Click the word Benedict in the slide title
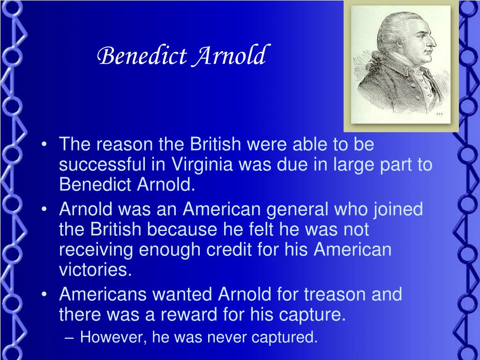point(142,56)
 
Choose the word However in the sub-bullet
point(109,337)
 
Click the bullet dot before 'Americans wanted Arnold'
point(45,295)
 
